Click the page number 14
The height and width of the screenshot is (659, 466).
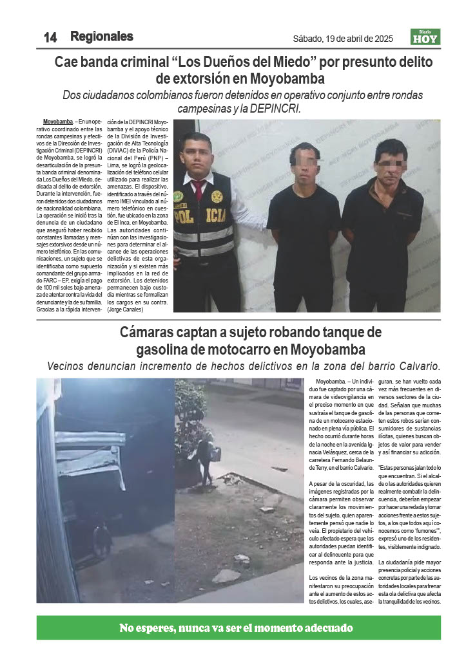[50, 37]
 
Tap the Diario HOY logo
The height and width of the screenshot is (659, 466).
[425, 37]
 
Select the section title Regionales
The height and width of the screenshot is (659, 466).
[101, 37]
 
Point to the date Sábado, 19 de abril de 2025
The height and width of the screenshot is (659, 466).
[342, 39]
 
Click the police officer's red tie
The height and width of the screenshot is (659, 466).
[199, 189]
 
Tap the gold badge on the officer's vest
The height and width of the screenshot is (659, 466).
[217, 196]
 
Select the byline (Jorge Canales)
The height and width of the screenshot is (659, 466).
[125, 310]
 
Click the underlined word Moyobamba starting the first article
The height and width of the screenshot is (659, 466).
[58, 122]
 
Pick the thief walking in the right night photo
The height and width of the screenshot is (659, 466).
[209, 460]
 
